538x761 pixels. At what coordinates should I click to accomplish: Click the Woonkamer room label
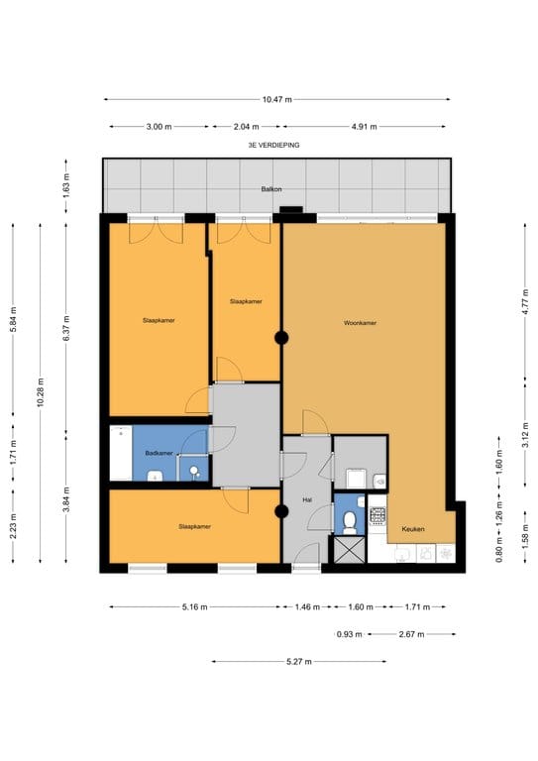[x=360, y=323]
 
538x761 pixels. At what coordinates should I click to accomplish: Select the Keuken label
[x=413, y=529]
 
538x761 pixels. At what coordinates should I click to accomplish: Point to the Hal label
[x=307, y=500]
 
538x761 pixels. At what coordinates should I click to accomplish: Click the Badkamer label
[x=159, y=453]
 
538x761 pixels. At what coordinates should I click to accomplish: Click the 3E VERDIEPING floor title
[x=274, y=145]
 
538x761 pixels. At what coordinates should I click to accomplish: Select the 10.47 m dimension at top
[x=276, y=99]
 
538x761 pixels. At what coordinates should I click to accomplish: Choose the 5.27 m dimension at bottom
[x=298, y=662]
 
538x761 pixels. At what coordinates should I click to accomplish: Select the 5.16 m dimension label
[x=193, y=606]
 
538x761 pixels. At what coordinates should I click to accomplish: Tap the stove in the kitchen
[x=377, y=515]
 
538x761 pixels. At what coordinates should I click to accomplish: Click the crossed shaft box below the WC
[x=349, y=548]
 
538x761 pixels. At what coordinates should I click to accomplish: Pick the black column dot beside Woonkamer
[x=281, y=338]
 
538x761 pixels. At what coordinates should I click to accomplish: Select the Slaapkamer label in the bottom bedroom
[x=194, y=526]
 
